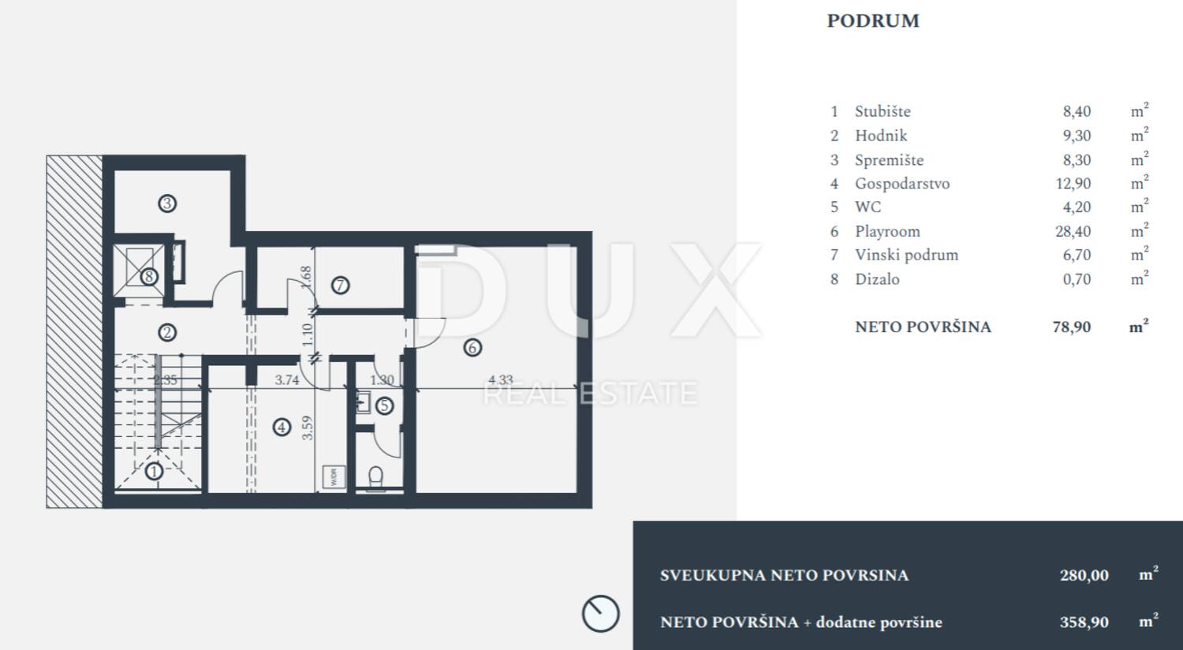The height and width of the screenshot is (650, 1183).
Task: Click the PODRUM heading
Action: [873, 21]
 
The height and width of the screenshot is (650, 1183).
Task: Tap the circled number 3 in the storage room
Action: [167, 204]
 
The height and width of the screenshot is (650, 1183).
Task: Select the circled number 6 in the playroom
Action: [472, 347]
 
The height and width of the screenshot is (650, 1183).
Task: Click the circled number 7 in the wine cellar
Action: [340, 286]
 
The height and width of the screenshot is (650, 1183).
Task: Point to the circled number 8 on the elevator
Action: [149, 276]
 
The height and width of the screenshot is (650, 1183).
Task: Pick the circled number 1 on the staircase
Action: [155, 471]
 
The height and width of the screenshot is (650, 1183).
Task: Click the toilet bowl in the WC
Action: [375, 478]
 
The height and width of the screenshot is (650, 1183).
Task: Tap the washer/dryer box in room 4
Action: [334, 477]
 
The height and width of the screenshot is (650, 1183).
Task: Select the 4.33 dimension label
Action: [501, 379]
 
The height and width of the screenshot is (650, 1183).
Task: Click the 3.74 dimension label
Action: [287, 379]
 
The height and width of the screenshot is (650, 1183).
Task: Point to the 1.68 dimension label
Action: [306, 277]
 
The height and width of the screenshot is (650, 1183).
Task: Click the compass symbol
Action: [600, 614]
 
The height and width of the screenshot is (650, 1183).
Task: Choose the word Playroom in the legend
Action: [887, 231]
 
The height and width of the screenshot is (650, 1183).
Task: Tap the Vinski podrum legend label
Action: [906, 255]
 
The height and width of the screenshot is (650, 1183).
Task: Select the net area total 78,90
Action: [1072, 327]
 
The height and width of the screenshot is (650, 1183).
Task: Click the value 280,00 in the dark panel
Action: [1084, 575]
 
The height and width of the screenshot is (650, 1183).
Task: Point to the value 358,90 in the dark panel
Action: [1084, 622]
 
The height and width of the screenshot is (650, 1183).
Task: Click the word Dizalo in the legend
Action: [877, 278]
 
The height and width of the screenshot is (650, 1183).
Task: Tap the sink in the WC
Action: [364, 402]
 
